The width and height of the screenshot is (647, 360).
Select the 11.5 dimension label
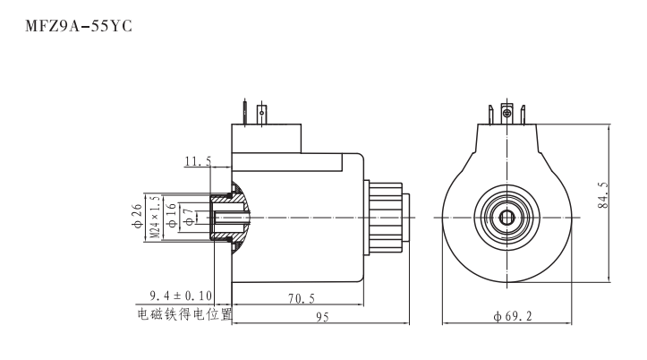tap(198, 161)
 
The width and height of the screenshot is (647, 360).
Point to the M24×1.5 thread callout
tap(155, 218)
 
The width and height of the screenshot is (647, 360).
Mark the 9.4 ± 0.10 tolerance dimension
tap(183, 296)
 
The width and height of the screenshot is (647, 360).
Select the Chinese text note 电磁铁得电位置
tap(185, 314)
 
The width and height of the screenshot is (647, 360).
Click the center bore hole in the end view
tap(507, 218)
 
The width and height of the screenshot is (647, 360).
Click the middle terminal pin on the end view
tap(507, 114)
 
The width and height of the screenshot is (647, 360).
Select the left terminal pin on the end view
tap(490, 115)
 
